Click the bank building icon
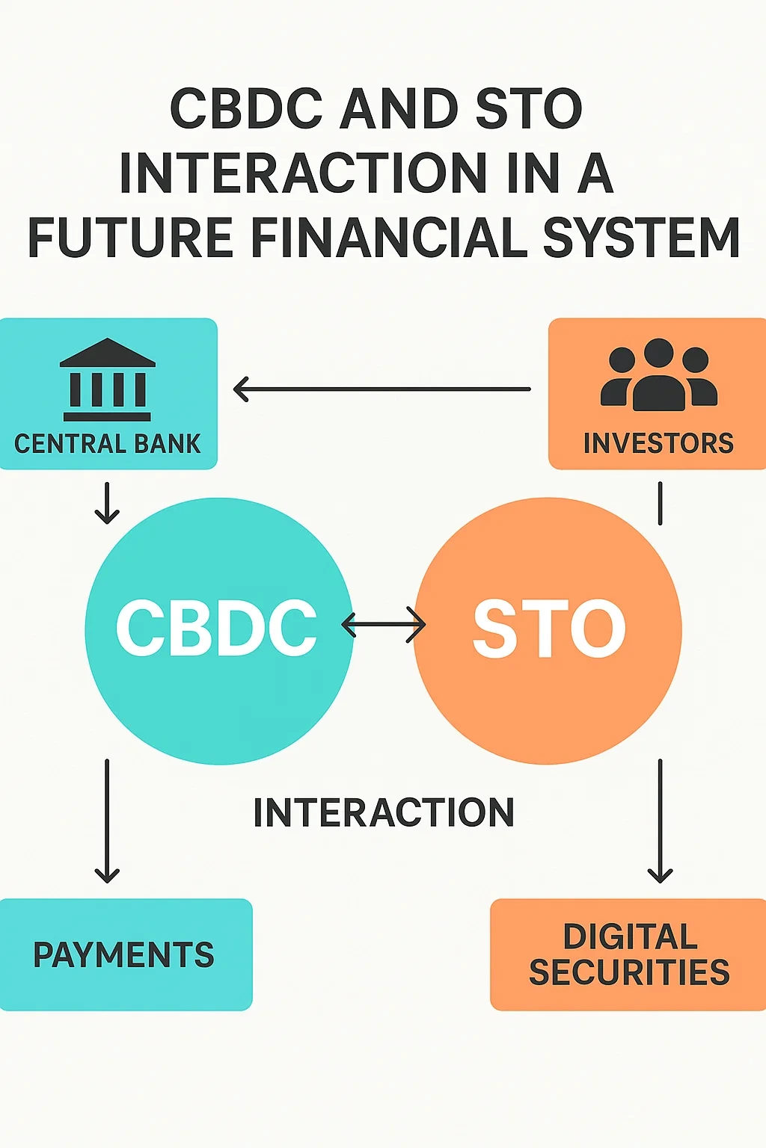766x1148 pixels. coord(107,380)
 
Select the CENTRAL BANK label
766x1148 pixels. coord(107,444)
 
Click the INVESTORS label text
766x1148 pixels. coord(658,443)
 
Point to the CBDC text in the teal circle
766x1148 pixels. coord(216,629)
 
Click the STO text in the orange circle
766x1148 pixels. coord(549,629)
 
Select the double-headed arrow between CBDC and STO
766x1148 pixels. coord(383,624)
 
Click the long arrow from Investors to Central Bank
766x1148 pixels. coord(382,389)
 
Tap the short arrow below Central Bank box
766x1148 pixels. coord(107,502)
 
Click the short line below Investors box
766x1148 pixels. coord(660,503)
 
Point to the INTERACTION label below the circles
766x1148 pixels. coord(384,812)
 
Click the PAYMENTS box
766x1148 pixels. coord(124,954)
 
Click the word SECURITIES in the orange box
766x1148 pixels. coord(629,972)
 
